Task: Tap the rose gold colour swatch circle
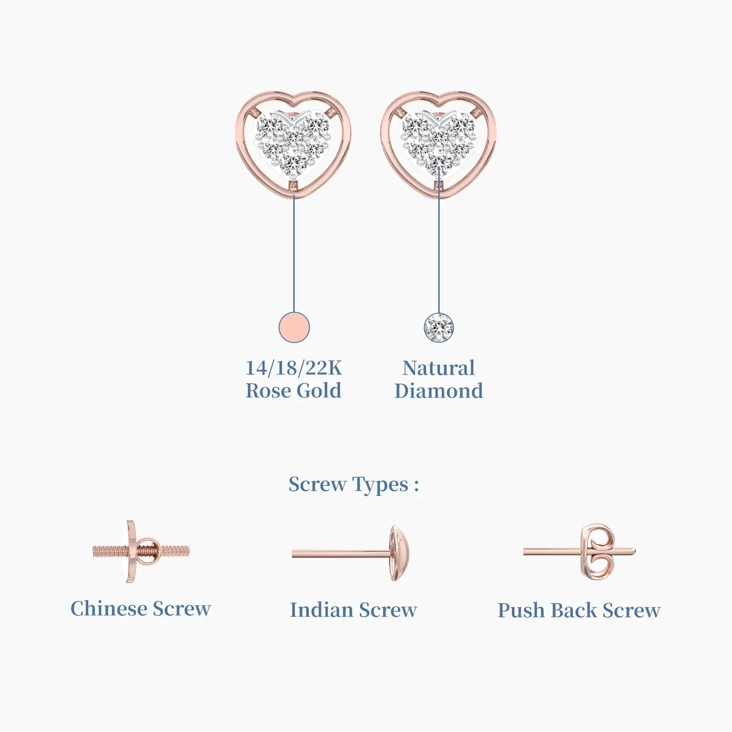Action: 294,327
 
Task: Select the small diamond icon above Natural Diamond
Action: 439,328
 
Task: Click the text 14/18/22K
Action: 294,368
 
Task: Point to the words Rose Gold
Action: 294,391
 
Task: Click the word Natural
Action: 439,368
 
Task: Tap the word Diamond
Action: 439,391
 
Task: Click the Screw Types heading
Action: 354,484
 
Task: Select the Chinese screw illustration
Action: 141,551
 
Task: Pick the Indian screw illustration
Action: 350,554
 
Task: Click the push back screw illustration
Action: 579,552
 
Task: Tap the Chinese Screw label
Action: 140,608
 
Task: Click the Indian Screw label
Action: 354,610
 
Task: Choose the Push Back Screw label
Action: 579,610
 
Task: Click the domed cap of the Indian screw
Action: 399,554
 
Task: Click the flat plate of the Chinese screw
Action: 131,551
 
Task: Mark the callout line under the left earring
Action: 294,254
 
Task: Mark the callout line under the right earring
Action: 439,240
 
